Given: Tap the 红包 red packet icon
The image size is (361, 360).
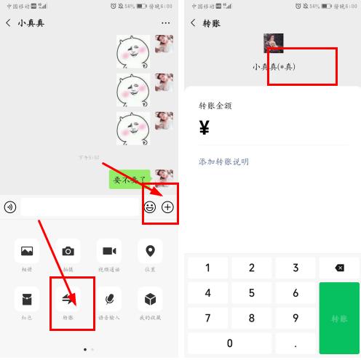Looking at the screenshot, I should [x=27, y=298].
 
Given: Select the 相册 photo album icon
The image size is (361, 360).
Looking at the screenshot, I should [x=27, y=251].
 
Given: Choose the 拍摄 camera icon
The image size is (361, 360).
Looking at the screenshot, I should [x=68, y=251].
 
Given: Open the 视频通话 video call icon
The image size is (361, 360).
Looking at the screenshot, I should [x=109, y=251].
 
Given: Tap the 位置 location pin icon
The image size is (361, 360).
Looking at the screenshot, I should [x=150, y=251].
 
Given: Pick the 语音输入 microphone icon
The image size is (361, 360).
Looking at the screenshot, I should [x=109, y=298].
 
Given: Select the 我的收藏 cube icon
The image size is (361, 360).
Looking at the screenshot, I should [x=150, y=298].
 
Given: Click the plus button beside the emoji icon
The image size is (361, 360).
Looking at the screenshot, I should [x=168, y=207].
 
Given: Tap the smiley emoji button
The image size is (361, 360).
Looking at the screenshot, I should [x=150, y=207].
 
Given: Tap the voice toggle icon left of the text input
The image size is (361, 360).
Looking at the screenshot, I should [x=10, y=207].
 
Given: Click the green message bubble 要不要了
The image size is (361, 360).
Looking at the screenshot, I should [x=130, y=179].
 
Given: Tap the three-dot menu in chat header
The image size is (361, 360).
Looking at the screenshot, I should [x=166, y=23].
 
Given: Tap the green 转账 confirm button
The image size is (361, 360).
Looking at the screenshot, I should [x=339, y=319].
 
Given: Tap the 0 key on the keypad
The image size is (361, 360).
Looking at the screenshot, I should [x=230, y=343].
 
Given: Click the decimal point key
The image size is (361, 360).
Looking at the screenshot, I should [x=295, y=343].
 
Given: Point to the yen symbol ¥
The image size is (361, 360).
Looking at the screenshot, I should [x=205, y=129].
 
